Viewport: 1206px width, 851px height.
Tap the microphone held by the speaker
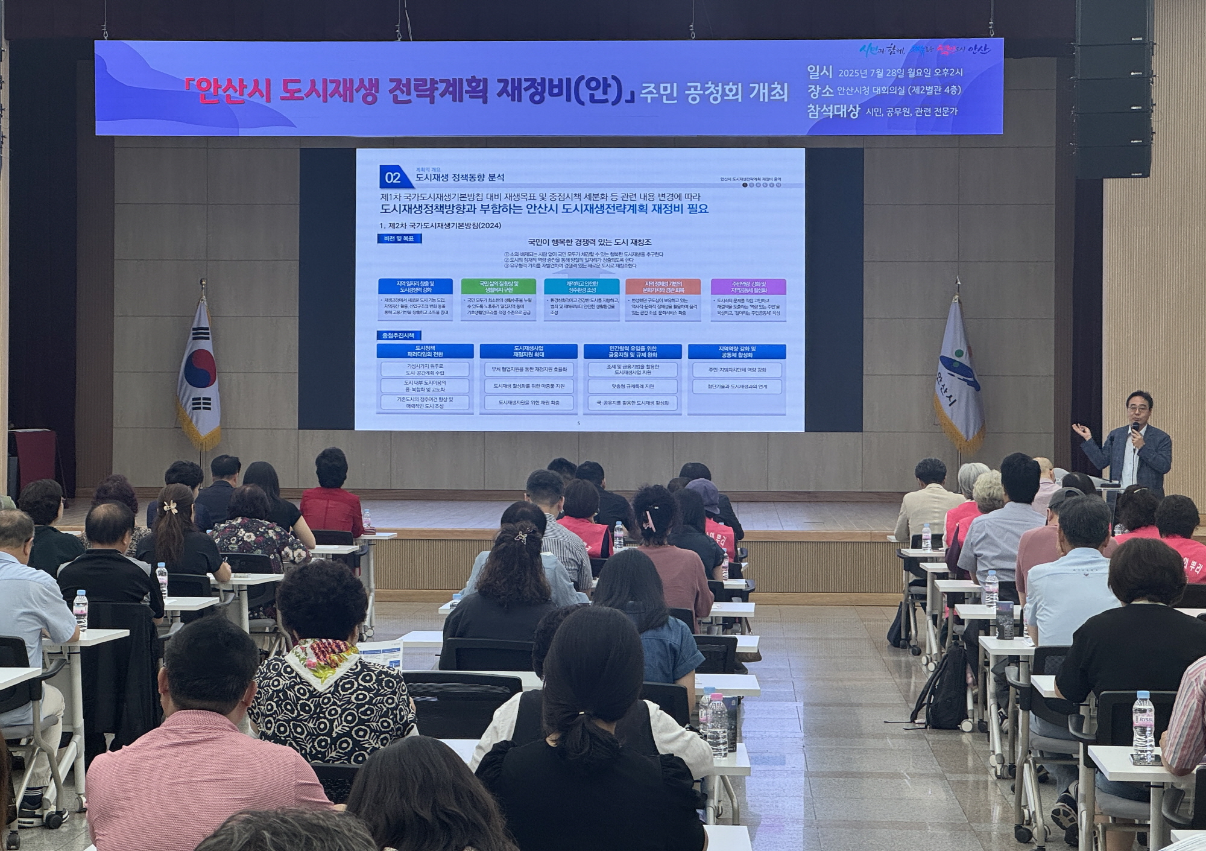click(1135, 429)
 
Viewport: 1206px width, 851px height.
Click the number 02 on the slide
click(393, 177)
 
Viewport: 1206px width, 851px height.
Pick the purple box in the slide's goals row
click(748, 286)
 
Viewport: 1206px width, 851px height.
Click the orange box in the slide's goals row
click(663, 286)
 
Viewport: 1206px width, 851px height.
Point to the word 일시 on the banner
click(819, 72)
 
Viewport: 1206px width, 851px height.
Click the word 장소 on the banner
click(819, 91)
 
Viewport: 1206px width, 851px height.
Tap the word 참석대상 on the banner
click(832, 111)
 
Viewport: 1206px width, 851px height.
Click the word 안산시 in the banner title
click(229, 92)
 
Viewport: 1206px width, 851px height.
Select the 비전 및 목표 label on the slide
click(399, 239)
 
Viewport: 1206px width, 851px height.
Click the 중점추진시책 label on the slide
click(399, 335)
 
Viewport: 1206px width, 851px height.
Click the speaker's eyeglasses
click(1137, 408)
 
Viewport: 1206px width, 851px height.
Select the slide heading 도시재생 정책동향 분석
click(459, 178)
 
